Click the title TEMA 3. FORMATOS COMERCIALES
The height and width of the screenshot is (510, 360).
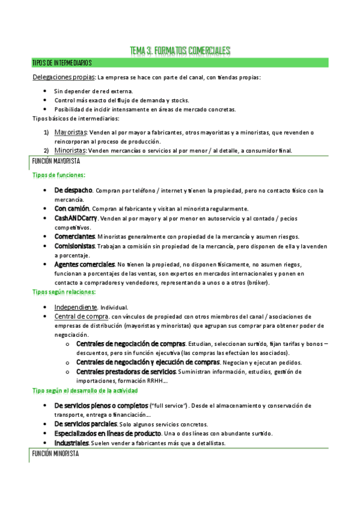(x=180, y=52)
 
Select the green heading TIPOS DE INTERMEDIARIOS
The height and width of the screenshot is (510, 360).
(x=62, y=63)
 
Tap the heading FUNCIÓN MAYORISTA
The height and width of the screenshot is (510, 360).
(x=55, y=161)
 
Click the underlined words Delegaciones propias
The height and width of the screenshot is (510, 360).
(x=63, y=78)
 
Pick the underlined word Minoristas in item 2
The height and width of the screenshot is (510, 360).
(x=70, y=150)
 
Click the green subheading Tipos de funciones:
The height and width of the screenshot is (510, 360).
(x=58, y=175)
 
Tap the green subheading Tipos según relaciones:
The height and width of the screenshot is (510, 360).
(x=64, y=292)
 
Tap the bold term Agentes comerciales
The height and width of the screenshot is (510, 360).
(x=85, y=264)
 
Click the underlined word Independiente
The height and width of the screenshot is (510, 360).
(x=76, y=307)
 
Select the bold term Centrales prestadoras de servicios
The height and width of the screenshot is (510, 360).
(x=126, y=372)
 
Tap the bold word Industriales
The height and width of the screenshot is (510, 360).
(x=72, y=443)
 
